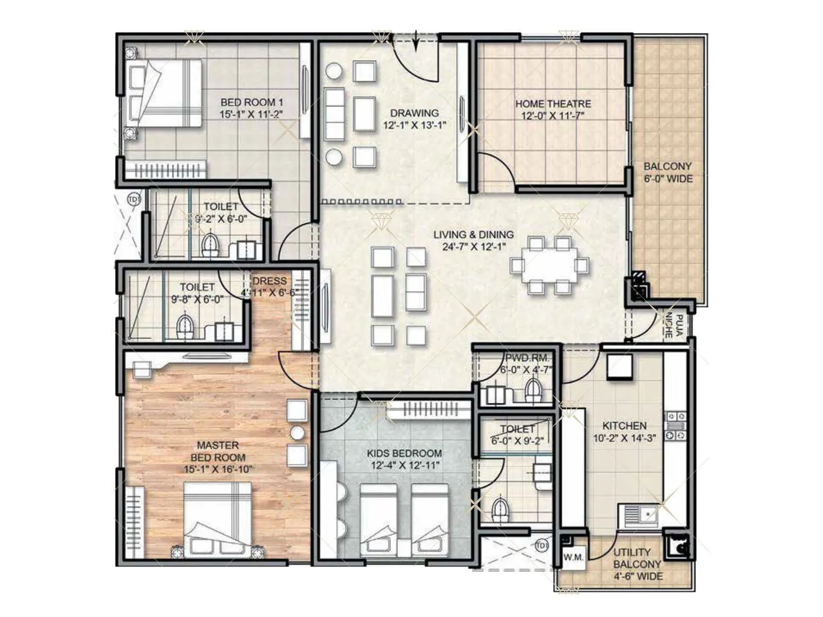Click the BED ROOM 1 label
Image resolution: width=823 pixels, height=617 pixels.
(x=252, y=102)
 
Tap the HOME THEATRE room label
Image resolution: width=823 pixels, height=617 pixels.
(x=553, y=104)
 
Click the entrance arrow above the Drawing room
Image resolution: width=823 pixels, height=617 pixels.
(x=416, y=42)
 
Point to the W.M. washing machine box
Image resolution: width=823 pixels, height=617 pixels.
(x=573, y=557)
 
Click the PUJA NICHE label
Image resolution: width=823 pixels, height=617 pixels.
(x=673, y=326)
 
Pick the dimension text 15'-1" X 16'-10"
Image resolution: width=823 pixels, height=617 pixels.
(x=218, y=469)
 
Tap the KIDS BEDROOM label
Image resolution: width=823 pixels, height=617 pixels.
(x=404, y=453)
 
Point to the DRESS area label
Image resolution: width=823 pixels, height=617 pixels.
(x=269, y=281)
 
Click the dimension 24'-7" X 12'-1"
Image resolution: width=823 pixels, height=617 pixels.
(x=474, y=247)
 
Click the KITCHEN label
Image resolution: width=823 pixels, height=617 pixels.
(x=624, y=426)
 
